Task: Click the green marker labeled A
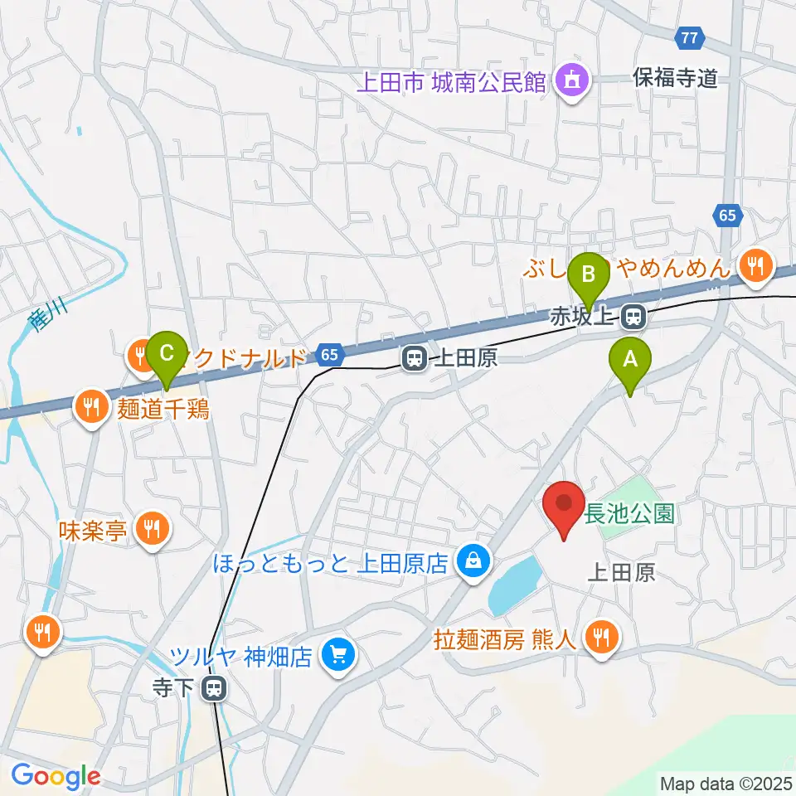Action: [630, 360]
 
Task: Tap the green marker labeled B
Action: [589, 274]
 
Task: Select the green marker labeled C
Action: [166, 354]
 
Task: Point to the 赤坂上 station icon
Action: [634, 316]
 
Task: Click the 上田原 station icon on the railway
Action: [414, 358]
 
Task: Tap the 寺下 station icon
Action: [215, 687]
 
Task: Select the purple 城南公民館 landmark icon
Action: [571, 81]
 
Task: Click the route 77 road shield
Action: [689, 37]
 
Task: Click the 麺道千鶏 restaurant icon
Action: [90, 407]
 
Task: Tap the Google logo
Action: [56, 777]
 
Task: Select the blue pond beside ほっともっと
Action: [515, 585]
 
